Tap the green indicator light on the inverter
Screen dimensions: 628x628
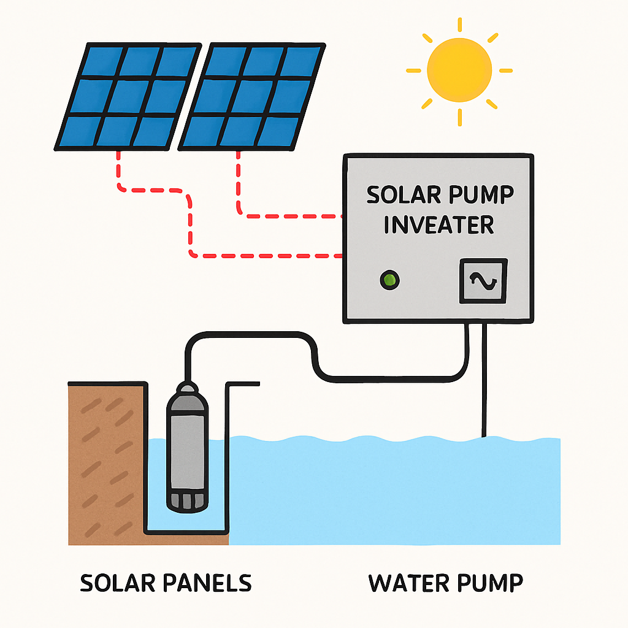pos(389,281)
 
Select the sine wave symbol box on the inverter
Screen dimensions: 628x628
pos(484,281)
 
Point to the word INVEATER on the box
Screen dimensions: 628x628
pos(438,225)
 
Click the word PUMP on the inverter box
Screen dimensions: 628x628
pos(479,196)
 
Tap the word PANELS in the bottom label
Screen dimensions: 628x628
pos(209,583)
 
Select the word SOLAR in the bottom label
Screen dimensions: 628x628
pos(117,583)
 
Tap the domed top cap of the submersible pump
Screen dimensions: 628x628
pos(187,391)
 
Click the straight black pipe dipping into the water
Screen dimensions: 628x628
pos(484,380)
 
